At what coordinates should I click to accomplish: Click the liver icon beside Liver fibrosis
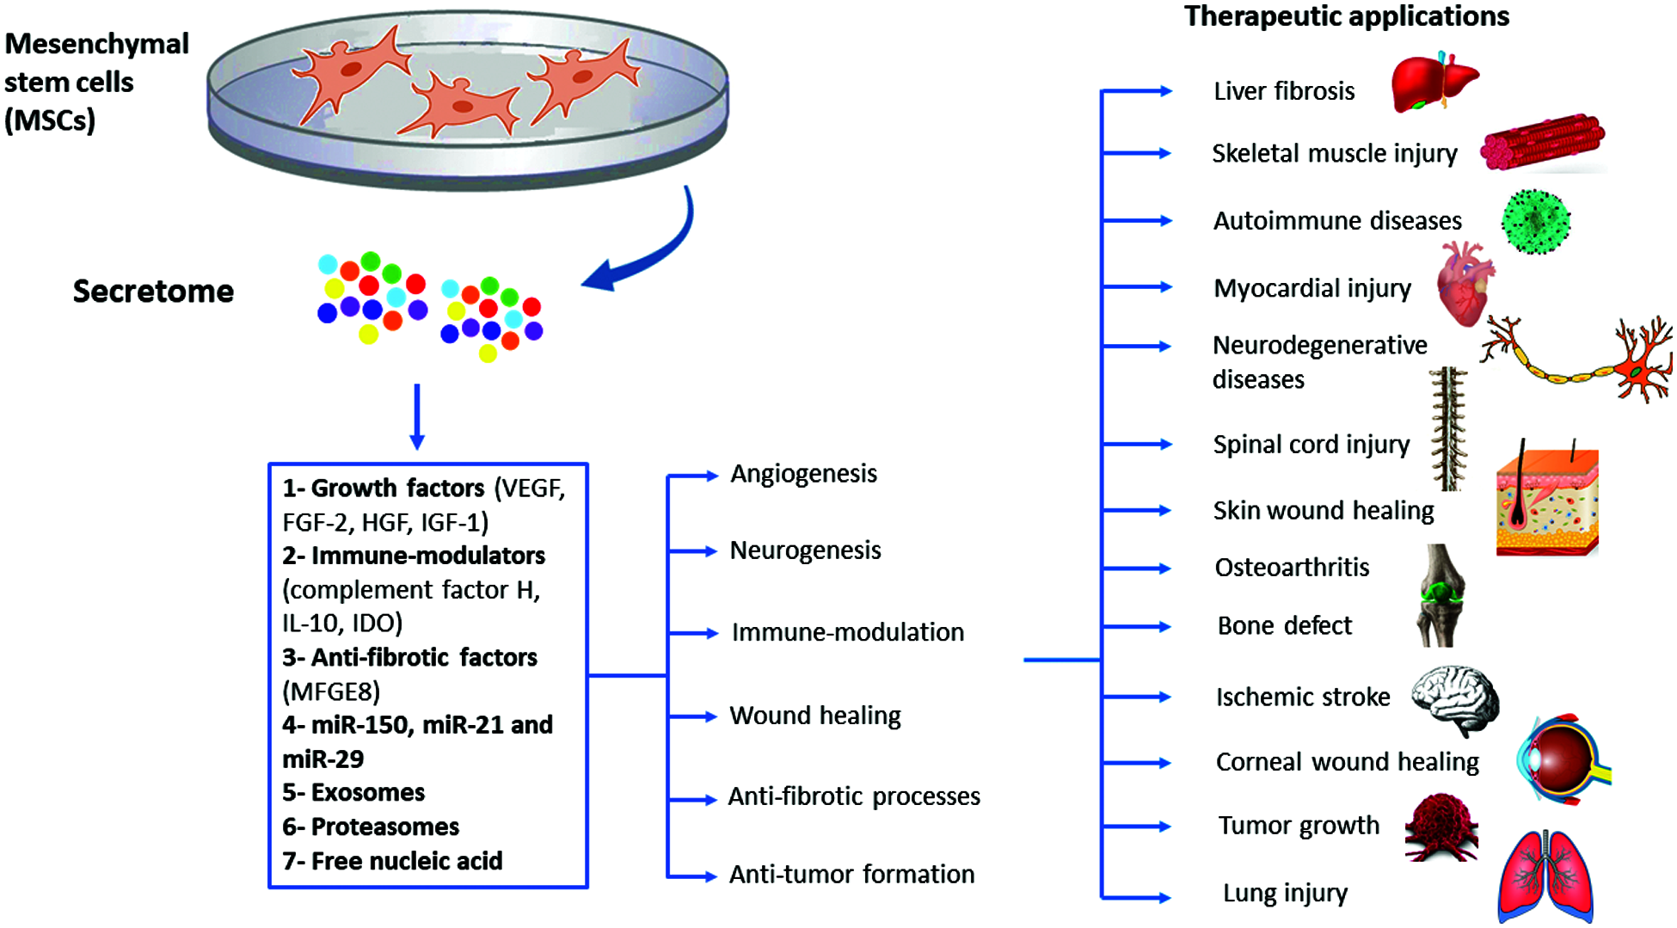pos(1432,83)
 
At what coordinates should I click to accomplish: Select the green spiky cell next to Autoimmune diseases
pos(1536,222)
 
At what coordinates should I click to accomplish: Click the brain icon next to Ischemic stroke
pos(1456,698)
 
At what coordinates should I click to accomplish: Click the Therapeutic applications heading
pos(1346,16)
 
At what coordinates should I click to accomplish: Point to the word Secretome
pos(153,292)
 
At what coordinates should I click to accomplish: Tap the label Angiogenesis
pos(803,474)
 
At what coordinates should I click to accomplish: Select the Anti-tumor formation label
pos(851,875)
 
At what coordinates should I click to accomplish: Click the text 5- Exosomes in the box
pos(353,792)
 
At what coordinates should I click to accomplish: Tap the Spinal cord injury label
pos(1311,445)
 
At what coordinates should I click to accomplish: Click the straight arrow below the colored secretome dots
pos(417,416)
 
